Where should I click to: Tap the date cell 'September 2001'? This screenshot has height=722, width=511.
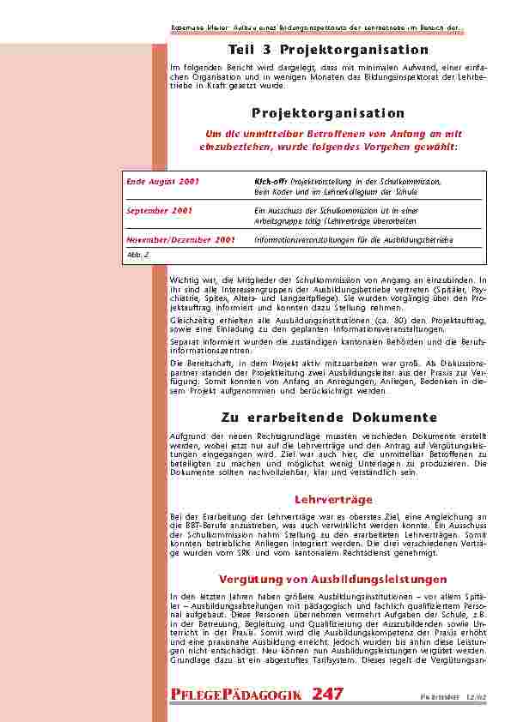point(159,210)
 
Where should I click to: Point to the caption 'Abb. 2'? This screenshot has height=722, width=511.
point(135,255)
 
